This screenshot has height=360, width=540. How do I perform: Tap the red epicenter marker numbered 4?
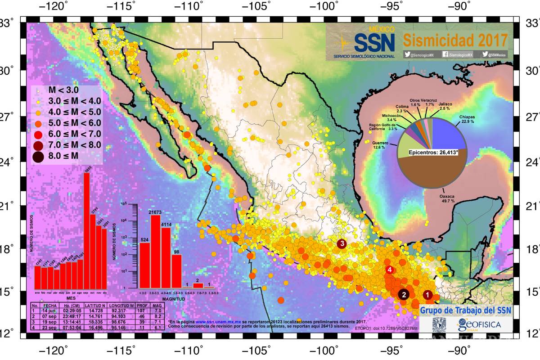(x=390, y=270)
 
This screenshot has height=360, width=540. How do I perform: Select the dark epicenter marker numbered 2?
(x=404, y=294)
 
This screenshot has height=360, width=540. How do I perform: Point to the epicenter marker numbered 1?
(x=427, y=294)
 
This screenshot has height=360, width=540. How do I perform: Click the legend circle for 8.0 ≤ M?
(x=38, y=156)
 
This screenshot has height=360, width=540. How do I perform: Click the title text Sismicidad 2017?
(x=454, y=40)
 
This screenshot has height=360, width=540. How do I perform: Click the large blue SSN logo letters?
(x=374, y=42)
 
